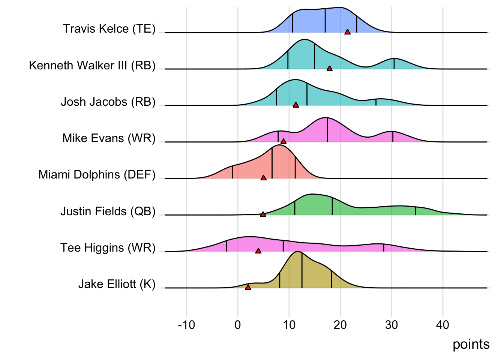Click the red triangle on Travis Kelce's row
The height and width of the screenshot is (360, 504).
click(348, 32)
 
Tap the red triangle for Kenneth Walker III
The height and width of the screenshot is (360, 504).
click(330, 69)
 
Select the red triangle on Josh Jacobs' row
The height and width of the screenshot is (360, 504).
click(296, 105)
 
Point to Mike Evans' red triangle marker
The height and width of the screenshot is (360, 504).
click(283, 141)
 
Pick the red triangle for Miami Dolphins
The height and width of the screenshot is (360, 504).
click(263, 178)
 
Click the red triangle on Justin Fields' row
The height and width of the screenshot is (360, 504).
click(263, 214)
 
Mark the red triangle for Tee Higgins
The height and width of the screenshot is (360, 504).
click(258, 251)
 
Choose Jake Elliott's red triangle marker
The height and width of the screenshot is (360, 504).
click(248, 287)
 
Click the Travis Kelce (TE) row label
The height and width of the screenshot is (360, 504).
click(109, 29)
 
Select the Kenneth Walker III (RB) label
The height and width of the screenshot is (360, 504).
click(92, 65)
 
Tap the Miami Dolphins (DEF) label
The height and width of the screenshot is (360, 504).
click(97, 175)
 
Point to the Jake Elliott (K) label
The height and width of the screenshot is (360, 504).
click(117, 284)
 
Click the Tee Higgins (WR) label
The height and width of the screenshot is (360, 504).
click(108, 248)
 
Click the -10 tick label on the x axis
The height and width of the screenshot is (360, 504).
click(186, 325)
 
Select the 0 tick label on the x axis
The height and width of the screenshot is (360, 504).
click(238, 325)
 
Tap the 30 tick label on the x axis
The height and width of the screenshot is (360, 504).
click(391, 325)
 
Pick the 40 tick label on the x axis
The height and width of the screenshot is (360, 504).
click(442, 325)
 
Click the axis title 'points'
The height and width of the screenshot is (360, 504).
click(471, 344)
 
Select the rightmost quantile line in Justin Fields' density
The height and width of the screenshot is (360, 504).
click(415, 211)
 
